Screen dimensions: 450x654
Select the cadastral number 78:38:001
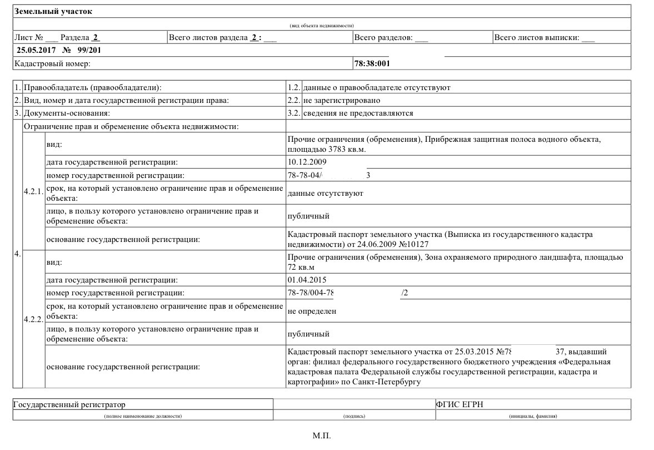372,63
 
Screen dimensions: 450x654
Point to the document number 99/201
89,50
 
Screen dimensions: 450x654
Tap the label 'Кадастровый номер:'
52,63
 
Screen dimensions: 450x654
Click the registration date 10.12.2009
307,162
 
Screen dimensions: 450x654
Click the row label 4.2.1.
33,191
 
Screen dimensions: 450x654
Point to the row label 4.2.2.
33,320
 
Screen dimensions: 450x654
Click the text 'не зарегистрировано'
342,100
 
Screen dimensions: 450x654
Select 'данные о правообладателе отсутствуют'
377,87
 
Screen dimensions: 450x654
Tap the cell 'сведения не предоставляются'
358,113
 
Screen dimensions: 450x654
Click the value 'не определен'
312,311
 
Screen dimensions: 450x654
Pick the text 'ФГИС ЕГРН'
460,404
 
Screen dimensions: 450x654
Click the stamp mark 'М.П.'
322,435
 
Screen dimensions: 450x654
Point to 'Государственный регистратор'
70,404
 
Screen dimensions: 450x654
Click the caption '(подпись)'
355,416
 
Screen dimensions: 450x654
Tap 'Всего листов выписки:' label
537,38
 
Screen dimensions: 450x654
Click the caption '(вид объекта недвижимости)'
322,26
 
